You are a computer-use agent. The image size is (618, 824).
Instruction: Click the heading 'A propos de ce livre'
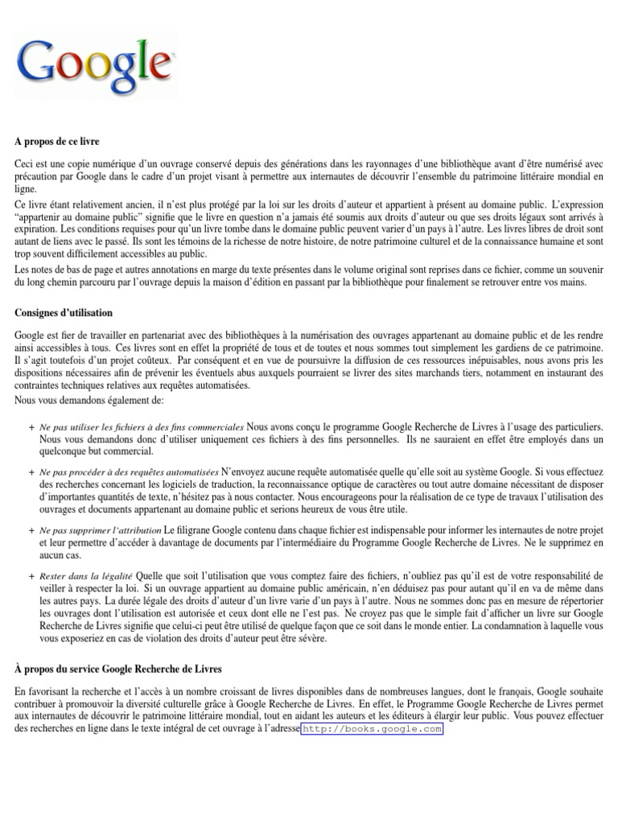(56, 141)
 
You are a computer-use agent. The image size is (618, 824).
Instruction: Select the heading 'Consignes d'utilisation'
(64, 312)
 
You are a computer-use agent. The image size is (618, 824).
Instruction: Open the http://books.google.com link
(372, 729)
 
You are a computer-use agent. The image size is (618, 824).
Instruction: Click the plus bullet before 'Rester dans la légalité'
(31, 577)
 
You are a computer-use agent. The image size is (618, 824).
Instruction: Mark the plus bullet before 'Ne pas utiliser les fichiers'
(31, 426)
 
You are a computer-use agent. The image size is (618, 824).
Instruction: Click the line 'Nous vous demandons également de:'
(89, 400)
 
